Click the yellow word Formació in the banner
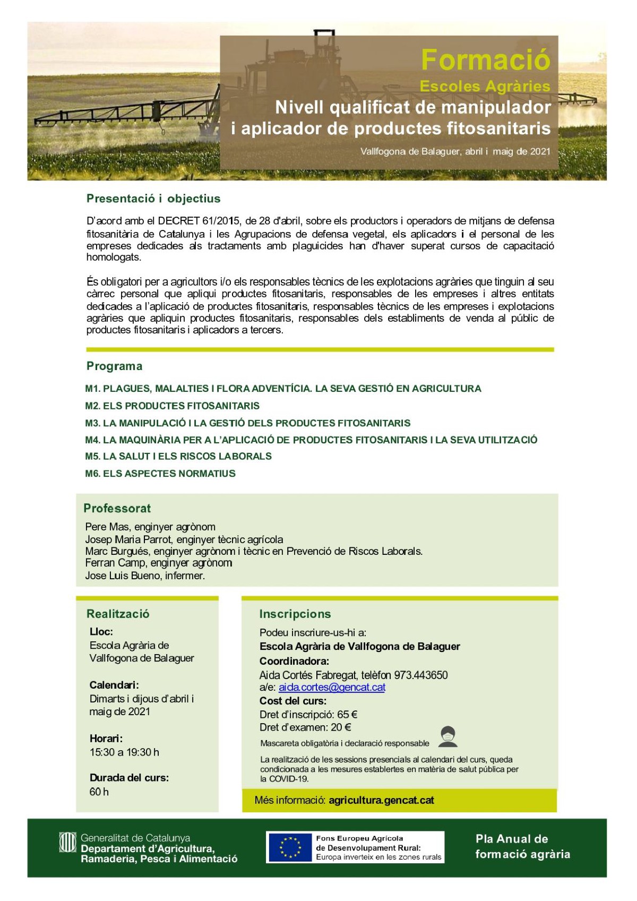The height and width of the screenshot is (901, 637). [485, 59]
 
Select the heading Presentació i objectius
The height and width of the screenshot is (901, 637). [153, 199]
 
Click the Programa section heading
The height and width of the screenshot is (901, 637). [114, 366]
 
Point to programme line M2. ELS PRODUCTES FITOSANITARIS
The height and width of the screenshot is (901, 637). [172, 406]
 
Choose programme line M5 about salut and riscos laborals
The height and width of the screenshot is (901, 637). [178, 456]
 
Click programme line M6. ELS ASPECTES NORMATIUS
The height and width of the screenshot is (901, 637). [160, 473]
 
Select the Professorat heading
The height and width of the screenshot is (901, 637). [117, 508]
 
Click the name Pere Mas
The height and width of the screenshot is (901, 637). [107, 527]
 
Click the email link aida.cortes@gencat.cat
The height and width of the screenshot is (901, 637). [332, 687]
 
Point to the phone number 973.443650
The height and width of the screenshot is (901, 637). [420, 675]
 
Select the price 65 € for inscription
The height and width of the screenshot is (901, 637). [347, 714]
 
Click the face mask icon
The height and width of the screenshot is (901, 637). [449, 736]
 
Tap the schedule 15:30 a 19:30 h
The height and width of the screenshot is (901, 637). [124, 752]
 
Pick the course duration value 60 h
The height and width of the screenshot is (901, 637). [99, 792]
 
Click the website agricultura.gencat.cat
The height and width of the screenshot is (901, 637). [381, 800]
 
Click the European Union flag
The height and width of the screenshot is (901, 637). [289, 847]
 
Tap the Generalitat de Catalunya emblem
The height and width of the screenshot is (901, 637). [67, 842]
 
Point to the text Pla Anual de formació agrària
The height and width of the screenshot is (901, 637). [522, 846]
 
